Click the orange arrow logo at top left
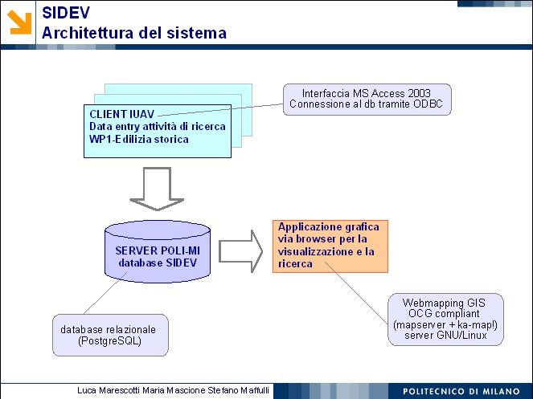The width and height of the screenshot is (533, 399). [x=20, y=22]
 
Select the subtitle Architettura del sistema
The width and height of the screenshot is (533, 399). [x=134, y=33]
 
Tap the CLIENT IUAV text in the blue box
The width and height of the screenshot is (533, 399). [x=121, y=114]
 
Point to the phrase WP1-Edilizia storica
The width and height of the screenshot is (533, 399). [x=139, y=139]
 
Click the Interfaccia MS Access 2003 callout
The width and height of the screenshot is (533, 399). [x=366, y=98]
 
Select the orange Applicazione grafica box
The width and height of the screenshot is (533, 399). [x=330, y=245]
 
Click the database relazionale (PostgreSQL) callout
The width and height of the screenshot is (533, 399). [x=111, y=335]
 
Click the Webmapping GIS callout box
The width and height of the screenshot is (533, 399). [x=445, y=319]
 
